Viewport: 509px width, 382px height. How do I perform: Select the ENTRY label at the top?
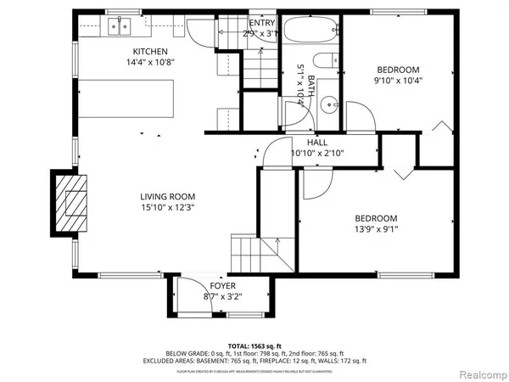tap(262, 22)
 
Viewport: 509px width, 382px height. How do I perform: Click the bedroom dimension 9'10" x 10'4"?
tap(399, 81)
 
